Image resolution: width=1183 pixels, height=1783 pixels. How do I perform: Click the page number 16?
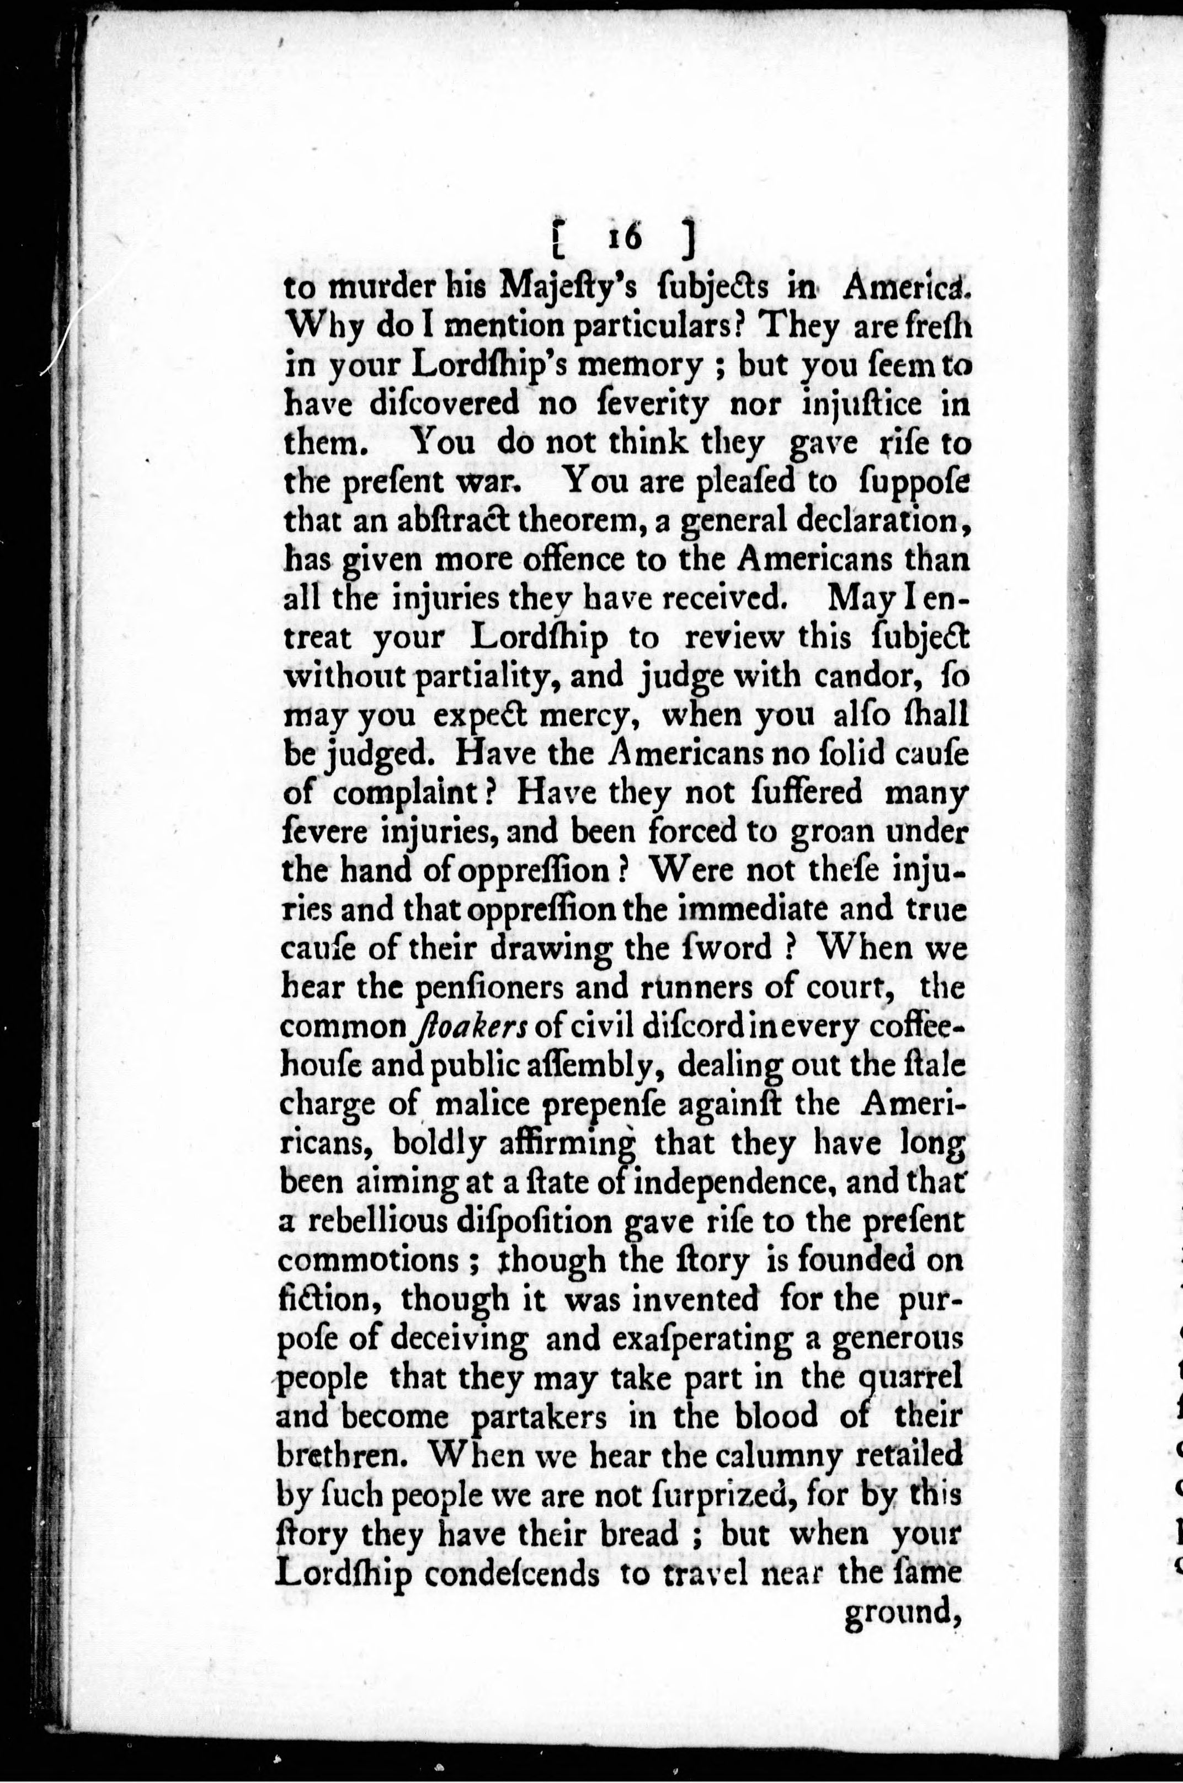(623, 237)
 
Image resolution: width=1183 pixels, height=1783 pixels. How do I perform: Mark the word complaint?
(404, 793)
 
